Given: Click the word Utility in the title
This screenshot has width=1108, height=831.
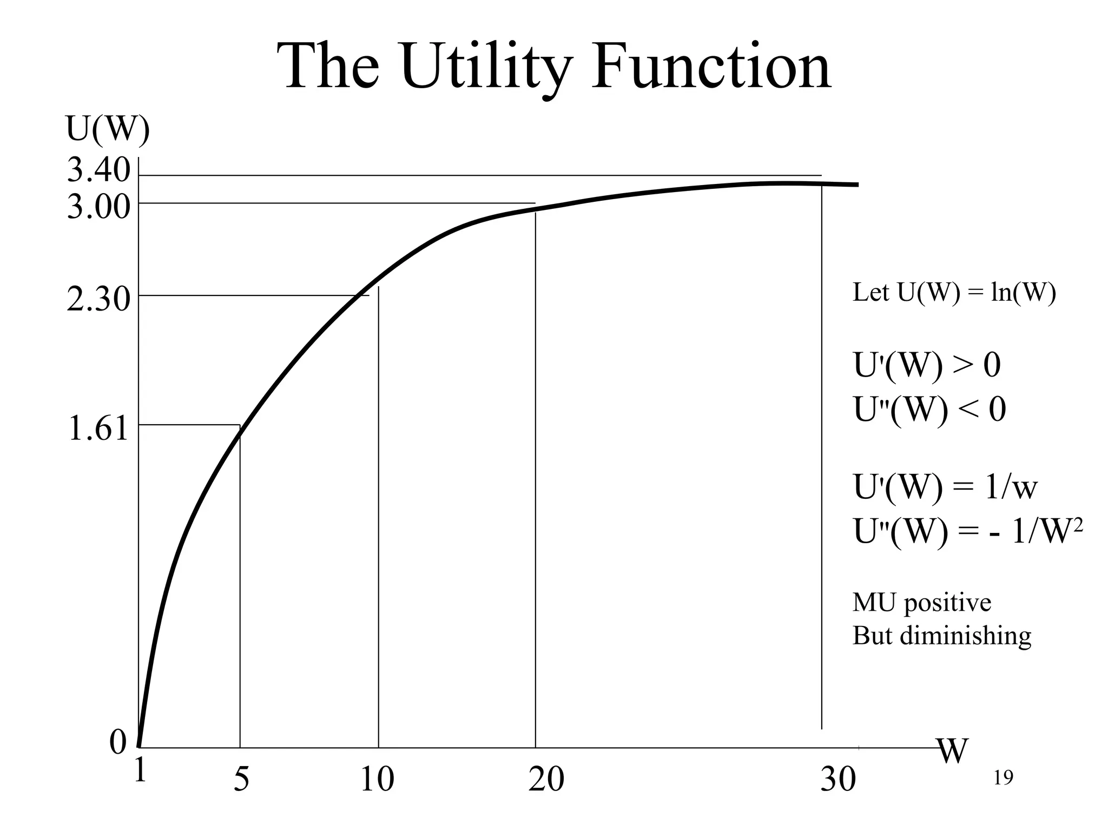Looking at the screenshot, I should (x=486, y=68).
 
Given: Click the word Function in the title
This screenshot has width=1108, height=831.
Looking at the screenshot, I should (x=710, y=68).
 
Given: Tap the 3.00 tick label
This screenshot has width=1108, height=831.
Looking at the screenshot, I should (x=98, y=207).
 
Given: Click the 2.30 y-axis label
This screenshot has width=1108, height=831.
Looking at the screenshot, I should (x=98, y=299).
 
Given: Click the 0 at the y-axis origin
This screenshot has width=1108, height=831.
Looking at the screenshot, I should (x=117, y=742).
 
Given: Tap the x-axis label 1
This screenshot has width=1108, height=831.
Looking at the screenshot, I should (x=140, y=770).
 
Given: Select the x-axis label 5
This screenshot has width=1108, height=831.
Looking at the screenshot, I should (x=241, y=780).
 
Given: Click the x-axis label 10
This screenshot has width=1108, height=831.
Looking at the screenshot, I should (x=377, y=780).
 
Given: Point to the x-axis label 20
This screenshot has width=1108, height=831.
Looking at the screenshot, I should (x=546, y=780).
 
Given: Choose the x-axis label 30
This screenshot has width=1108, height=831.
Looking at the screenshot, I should (x=838, y=780).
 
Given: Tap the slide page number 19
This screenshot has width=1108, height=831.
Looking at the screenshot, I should (x=1003, y=778).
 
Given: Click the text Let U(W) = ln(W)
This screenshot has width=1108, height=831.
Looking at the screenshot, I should (x=954, y=293).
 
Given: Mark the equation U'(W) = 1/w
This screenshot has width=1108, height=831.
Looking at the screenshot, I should (x=945, y=486).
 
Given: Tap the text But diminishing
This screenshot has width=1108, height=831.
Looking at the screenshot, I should (x=941, y=635).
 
